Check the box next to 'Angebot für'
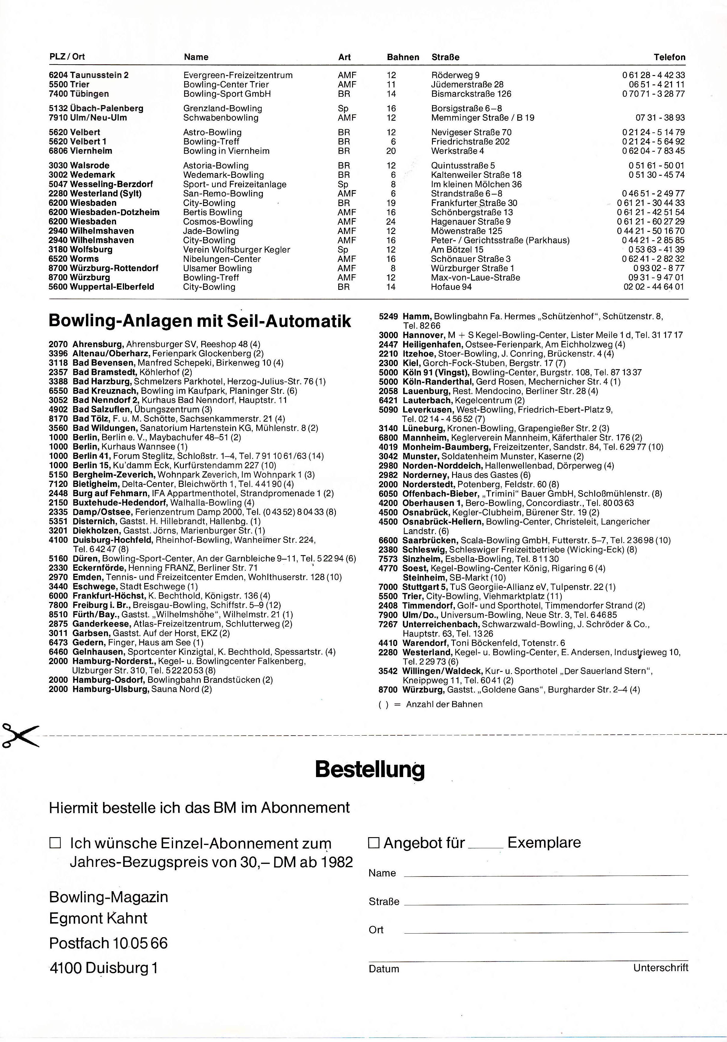(373, 843)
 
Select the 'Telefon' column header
(669, 57)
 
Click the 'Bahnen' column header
(403, 57)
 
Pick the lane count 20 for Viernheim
(391, 151)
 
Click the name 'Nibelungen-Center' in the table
(222, 259)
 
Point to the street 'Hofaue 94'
(451, 287)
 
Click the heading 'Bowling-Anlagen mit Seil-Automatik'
(200, 321)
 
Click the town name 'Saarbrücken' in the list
(430, 540)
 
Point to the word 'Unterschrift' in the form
(660, 968)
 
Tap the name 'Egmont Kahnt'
(98, 918)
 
